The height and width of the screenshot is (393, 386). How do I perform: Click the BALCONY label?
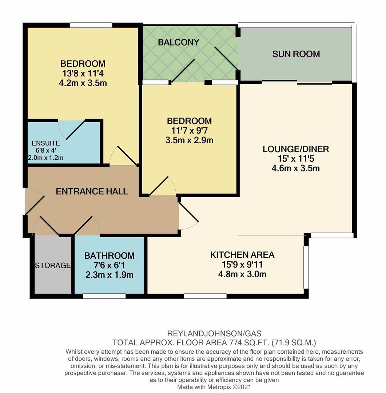tap(178, 42)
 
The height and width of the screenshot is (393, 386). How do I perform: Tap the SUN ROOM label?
tap(296, 54)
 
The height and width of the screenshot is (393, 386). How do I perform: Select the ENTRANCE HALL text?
tap(92, 191)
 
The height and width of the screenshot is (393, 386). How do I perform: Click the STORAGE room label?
tap(52, 265)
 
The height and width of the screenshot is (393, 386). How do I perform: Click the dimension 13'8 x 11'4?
tap(83, 73)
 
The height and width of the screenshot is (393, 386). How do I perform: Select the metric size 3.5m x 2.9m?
tap(189, 140)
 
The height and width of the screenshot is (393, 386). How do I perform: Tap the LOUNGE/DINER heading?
tap(295, 149)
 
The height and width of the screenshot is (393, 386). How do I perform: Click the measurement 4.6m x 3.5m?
tap(295, 168)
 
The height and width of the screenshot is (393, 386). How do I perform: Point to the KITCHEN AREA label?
tap(242, 255)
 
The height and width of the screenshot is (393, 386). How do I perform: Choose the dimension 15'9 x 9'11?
tap(242, 265)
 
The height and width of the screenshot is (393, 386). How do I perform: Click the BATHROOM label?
tap(110, 255)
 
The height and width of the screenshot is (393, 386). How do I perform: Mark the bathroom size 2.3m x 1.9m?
tap(110, 275)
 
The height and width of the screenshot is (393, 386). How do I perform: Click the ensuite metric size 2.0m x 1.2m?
tap(46, 158)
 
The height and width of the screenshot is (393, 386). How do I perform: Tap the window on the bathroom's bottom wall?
tap(104, 297)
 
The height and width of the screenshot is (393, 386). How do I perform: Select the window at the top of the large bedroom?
tap(91, 25)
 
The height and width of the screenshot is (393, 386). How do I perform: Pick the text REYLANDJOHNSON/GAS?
tap(214, 333)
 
